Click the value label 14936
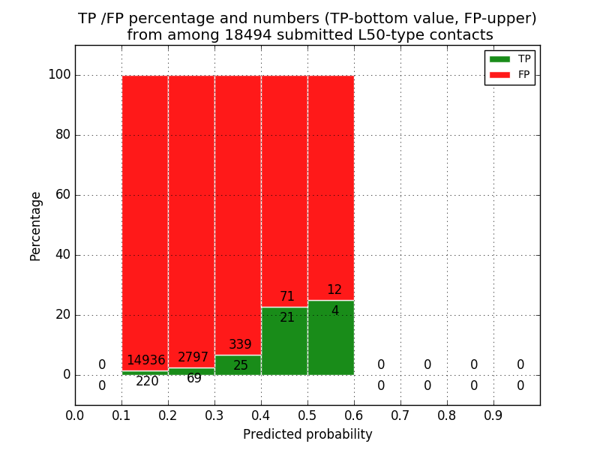(145, 361)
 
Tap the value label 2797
(193, 358)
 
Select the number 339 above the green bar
(240, 345)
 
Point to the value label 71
(287, 297)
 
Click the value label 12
(334, 290)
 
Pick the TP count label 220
(147, 382)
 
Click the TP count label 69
(194, 379)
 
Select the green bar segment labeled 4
(331, 337)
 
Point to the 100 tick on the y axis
(59, 75)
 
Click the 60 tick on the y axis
(62, 195)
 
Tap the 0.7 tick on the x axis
(400, 415)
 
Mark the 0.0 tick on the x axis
(75, 415)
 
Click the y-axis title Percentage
(35, 226)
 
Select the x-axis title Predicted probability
(307, 435)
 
